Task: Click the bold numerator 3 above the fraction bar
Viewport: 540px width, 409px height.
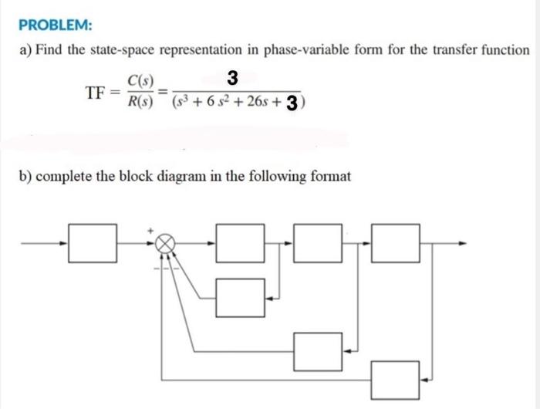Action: pyautogui.click(x=233, y=77)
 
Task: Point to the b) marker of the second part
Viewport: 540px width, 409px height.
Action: pyautogui.click(x=25, y=176)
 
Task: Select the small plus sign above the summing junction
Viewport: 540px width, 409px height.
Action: pyautogui.click(x=151, y=230)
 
